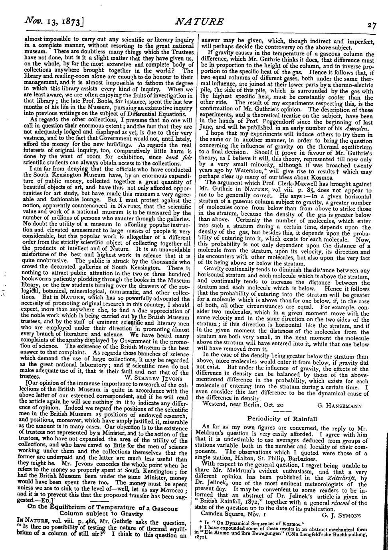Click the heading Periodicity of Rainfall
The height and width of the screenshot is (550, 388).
point(282,418)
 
